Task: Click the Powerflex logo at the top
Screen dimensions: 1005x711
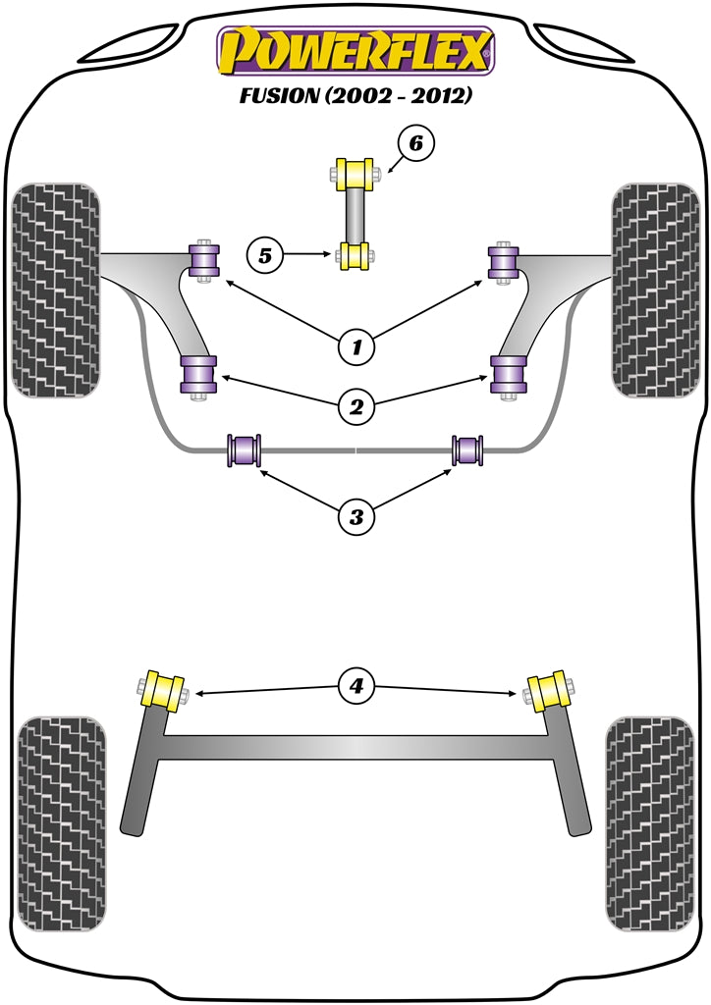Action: [355, 51]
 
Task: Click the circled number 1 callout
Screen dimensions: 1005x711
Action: [356, 345]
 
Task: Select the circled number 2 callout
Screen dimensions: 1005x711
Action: [356, 403]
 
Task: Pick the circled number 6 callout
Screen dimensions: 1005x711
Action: [415, 144]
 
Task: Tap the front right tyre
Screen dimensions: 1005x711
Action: [655, 290]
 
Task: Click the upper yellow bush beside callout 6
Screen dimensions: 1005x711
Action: [354, 174]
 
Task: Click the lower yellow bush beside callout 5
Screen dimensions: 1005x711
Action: [354, 256]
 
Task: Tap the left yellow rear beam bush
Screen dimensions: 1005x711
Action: [164, 689]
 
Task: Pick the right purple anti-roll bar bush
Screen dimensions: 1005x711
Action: [468, 450]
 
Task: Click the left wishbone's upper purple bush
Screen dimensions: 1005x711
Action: [205, 261]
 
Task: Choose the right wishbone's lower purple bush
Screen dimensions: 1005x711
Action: [508, 374]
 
